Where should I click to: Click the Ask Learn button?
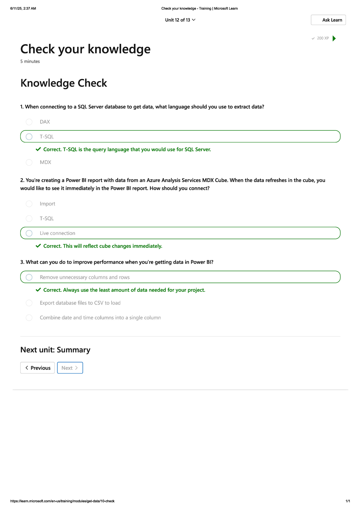(328, 20)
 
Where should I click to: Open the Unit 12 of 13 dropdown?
(180, 20)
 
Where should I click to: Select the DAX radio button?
(29, 122)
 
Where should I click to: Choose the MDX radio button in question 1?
(29, 162)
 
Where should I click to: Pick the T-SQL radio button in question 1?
(29, 136)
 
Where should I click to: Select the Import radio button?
(29, 204)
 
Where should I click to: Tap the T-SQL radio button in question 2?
(29, 218)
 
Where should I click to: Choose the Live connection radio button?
(29, 233)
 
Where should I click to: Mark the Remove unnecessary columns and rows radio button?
(29, 277)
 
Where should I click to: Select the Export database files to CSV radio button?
(29, 303)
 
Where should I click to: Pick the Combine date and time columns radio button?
(29, 318)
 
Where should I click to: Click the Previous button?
(37, 368)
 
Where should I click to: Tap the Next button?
(70, 368)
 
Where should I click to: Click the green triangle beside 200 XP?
(334, 38)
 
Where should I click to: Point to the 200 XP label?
(323, 38)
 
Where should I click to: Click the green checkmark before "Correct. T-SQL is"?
(38, 149)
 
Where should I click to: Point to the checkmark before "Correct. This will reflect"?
(38, 246)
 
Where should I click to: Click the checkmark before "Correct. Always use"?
(38, 290)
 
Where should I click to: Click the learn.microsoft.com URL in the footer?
(62, 501)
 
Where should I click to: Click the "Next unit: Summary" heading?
(55, 350)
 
